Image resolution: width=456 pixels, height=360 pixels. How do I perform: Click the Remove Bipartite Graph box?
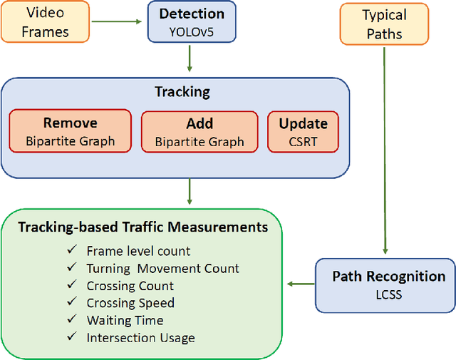coord(70,131)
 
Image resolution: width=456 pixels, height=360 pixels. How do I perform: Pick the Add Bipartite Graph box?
coord(199,131)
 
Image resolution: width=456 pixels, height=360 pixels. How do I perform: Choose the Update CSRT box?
coord(303,131)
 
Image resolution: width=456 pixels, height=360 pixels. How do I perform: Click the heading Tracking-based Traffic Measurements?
coord(143,227)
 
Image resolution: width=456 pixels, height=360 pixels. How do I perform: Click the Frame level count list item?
coord(138,251)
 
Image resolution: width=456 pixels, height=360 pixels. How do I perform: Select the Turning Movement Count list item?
coord(162,268)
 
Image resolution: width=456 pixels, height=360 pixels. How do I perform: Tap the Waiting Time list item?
coord(125,320)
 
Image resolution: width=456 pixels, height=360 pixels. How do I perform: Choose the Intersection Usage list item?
coord(140,338)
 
